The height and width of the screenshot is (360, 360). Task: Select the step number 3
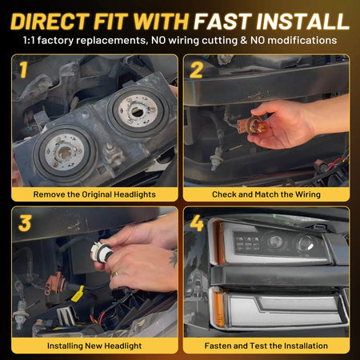pyautogui.click(x=24, y=222)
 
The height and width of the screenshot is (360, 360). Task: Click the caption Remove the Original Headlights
pyautogui.click(x=93, y=194)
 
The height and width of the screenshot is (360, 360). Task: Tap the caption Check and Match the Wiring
pyautogui.click(x=266, y=194)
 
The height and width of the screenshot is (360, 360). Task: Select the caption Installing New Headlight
pyautogui.click(x=93, y=346)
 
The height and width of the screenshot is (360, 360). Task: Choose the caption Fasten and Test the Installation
pyautogui.click(x=266, y=346)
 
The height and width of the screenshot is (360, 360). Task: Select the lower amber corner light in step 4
pyautogui.click(x=218, y=306)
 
